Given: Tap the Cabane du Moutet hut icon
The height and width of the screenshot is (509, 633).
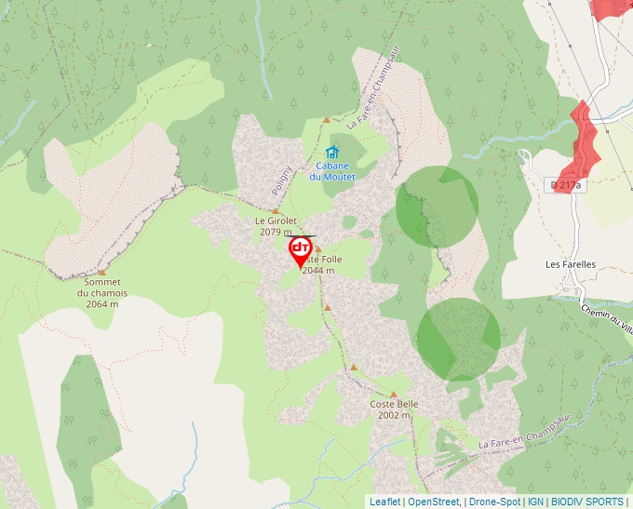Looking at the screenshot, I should point(332,152).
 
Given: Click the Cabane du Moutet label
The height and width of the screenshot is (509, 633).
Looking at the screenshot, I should point(332,171).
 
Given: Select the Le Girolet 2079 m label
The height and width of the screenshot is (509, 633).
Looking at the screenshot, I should point(275,226).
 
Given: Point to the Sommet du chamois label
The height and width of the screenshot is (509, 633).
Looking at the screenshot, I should point(102,292).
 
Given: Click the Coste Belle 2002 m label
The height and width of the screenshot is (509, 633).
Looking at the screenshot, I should point(394,409).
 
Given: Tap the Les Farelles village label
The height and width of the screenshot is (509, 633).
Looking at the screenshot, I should point(571,264).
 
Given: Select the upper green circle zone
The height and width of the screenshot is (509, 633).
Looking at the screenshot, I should point(437,207).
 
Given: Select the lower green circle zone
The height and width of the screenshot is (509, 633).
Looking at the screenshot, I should point(457,339).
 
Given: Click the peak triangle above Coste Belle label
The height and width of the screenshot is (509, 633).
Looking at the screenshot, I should point(394,395).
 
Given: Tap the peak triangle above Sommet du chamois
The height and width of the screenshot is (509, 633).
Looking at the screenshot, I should point(102,272).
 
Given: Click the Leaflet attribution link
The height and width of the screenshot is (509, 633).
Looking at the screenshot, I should point(384,502).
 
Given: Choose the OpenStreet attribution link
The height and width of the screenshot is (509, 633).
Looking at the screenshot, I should point(435,502).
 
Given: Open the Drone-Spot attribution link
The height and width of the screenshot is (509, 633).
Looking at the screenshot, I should point(494,502).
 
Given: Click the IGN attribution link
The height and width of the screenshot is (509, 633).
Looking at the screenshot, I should point(535,502).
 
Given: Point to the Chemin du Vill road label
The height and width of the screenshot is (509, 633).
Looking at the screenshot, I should point(606,316).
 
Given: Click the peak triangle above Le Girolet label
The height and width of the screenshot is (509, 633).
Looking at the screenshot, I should point(275,211).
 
